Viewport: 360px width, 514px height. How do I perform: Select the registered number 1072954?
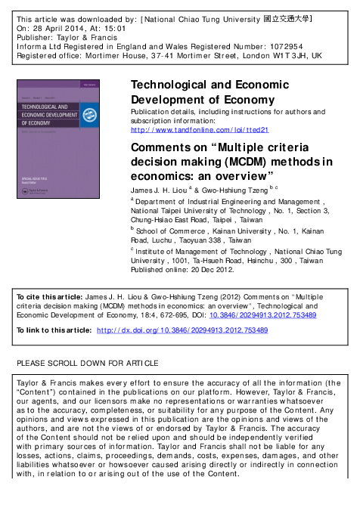pos(275,45)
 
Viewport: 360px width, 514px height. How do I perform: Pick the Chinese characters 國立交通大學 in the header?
pos(290,16)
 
